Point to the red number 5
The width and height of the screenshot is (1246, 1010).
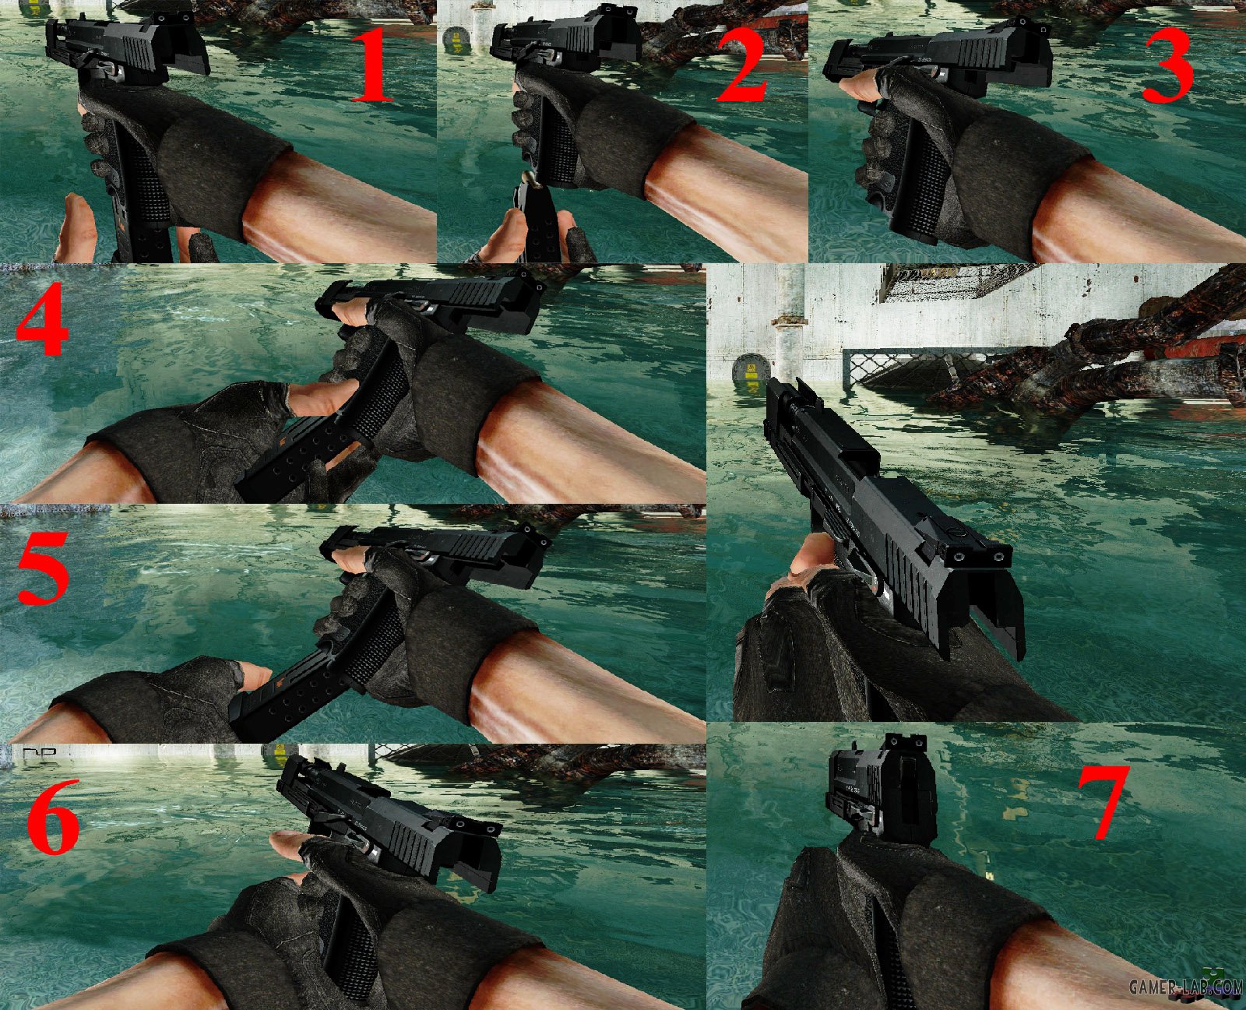(x=44, y=567)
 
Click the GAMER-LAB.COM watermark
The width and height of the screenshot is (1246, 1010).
(x=1186, y=987)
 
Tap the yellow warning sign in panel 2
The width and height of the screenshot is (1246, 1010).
(x=455, y=40)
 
